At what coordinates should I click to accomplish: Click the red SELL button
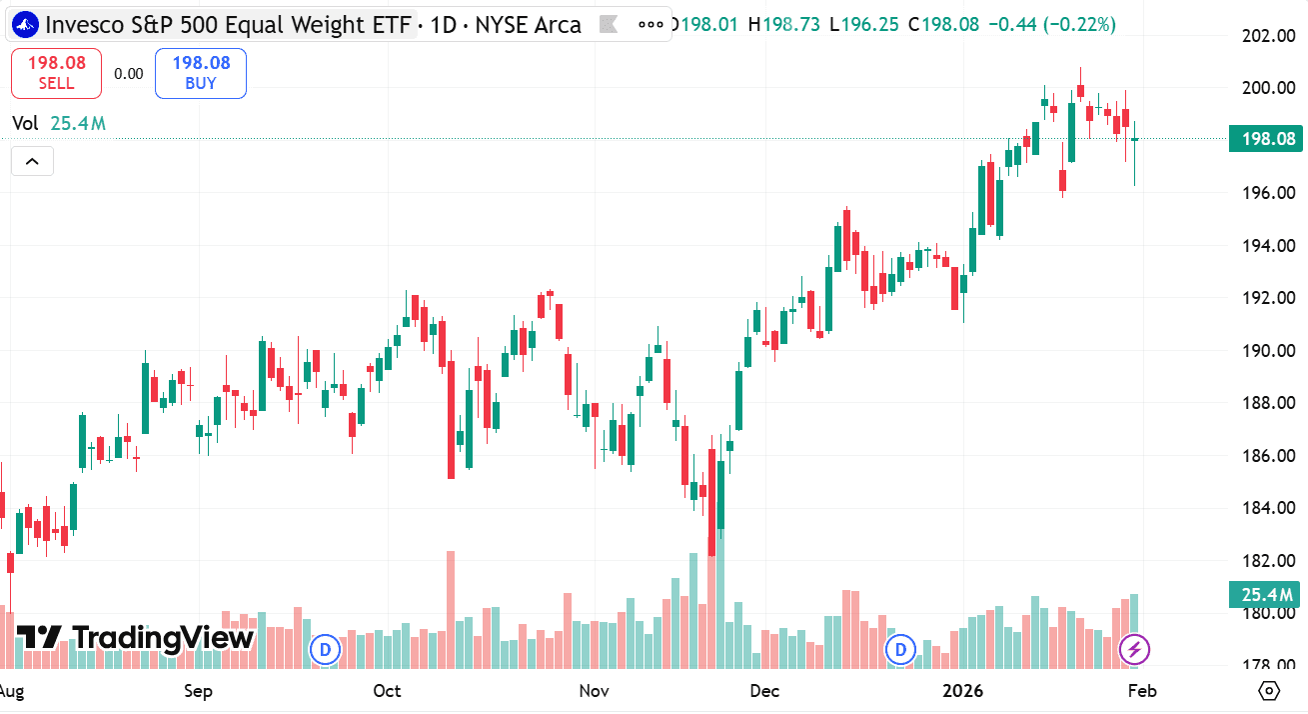[x=56, y=73]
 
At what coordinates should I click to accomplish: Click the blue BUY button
[x=200, y=73]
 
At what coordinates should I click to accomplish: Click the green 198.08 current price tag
[x=1266, y=139]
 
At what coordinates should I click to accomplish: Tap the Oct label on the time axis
[x=387, y=691]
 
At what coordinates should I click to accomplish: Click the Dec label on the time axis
[x=764, y=691]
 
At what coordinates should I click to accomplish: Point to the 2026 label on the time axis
[x=963, y=691]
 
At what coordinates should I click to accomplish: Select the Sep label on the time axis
[x=199, y=691]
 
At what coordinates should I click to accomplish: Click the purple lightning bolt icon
[x=1134, y=649]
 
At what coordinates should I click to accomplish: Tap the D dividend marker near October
[x=324, y=649]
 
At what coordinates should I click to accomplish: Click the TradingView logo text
[x=136, y=637]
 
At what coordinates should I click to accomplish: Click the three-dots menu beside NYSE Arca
[x=651, y=24]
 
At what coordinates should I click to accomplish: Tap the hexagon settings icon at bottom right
[x=1269, y=691]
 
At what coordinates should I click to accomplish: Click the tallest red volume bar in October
[x=451, y=610]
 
